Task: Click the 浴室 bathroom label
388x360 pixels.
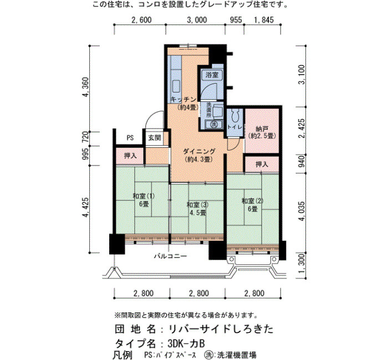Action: tap(212, 75)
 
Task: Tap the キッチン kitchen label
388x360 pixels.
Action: tap(183, 100)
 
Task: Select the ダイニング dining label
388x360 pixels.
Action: tap(199, 151)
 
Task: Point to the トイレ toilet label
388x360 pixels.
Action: tap(235, 127)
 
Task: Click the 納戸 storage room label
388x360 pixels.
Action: tap(262, 129)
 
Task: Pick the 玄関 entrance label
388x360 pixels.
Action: tap(155, 138)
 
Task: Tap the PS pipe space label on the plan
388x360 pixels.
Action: tap(130, 138)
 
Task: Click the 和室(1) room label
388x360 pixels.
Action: tap(144, 196)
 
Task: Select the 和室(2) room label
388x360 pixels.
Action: tap(252, 201)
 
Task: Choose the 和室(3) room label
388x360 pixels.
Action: tap(197, 205)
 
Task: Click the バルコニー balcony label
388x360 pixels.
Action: tap(170, 256)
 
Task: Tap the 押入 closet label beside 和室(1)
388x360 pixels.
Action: tap(130, 156)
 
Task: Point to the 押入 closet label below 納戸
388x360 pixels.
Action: tap(262, 164)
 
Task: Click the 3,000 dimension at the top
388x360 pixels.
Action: tap(197, 20)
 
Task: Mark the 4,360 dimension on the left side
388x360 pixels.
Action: tap(85, 88)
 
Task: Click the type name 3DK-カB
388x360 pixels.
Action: tap(186, 343)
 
